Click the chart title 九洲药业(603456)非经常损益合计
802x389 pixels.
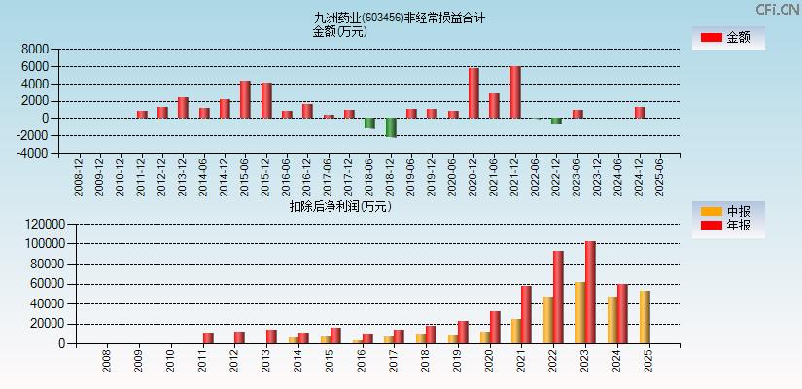click(400, 18)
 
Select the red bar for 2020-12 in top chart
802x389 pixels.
click(473, 93)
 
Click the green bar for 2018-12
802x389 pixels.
click(391, 127)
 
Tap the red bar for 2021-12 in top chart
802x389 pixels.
click(515, 92)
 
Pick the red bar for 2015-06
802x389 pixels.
click(245, 99)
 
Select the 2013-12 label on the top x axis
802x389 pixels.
click(183, 179)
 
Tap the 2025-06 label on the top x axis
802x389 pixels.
click(660, 179)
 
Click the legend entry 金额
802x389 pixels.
click(727, 38)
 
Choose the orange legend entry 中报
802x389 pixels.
click(727, 212)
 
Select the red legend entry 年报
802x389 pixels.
click(727, 226)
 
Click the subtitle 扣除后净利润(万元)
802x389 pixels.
click(339, 206)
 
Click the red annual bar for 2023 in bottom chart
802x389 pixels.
click(590, 293)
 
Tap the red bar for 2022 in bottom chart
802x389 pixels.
click(558, 298)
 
